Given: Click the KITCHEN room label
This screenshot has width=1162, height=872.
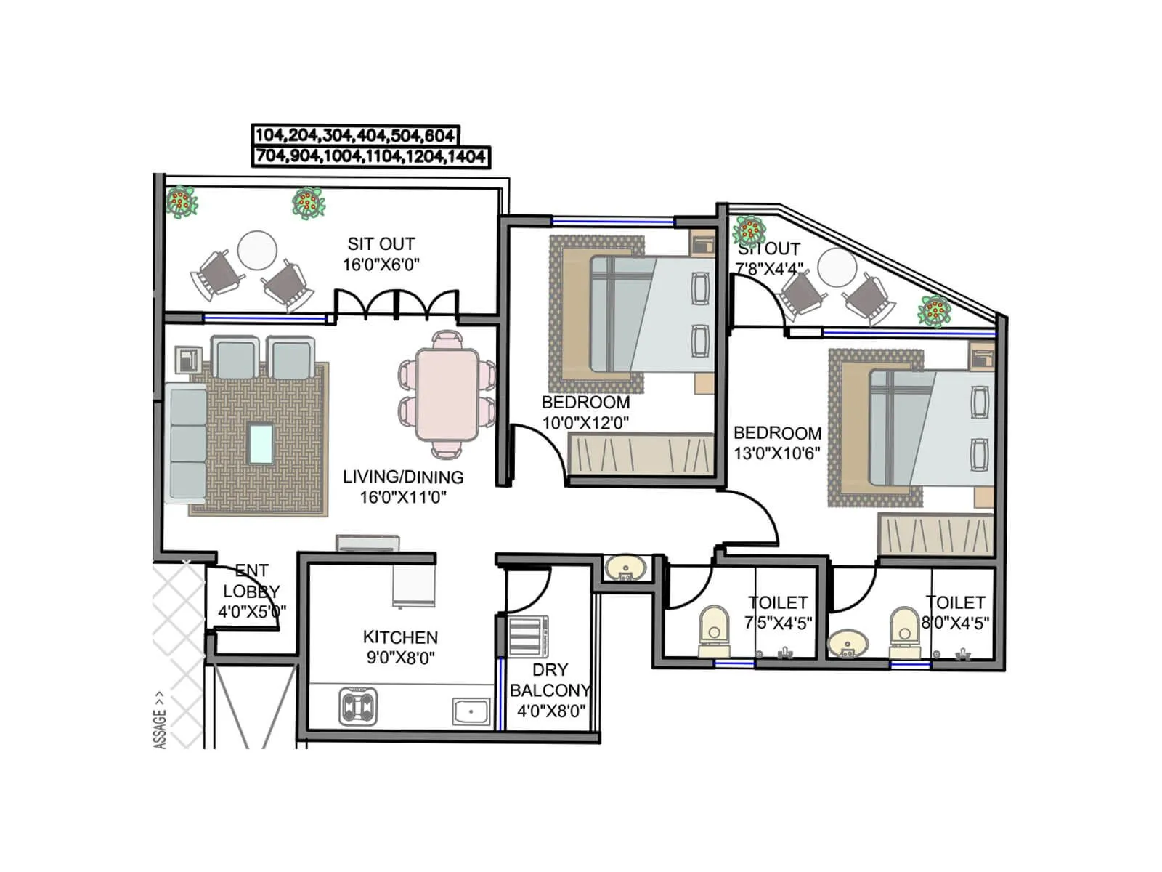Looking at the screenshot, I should coord(400,637).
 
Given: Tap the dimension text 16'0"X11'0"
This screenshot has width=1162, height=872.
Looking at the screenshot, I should coord(403,498).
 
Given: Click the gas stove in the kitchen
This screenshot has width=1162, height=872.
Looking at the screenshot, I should coord(358,706).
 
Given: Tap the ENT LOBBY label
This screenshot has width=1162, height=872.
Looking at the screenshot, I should coord(251,581).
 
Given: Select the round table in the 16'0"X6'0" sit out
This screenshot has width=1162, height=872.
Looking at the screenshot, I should coord(257,250).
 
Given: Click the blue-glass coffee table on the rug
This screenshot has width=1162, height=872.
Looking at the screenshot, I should coord(261,444).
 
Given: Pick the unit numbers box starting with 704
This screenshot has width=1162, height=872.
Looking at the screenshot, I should coord(370,156).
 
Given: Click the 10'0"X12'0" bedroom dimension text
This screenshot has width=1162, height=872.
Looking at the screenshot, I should coord(585,423).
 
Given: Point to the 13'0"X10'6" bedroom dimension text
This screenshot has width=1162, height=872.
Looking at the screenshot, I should coord(776,453).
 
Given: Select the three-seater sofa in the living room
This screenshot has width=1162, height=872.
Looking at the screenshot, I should coord(187,443).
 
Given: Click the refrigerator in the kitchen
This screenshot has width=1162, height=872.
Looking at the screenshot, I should coord(414,586).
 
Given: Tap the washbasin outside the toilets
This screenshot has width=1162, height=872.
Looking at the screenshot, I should coord(625,568).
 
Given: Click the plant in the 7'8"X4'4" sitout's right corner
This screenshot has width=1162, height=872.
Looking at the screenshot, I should coord(934,311).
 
